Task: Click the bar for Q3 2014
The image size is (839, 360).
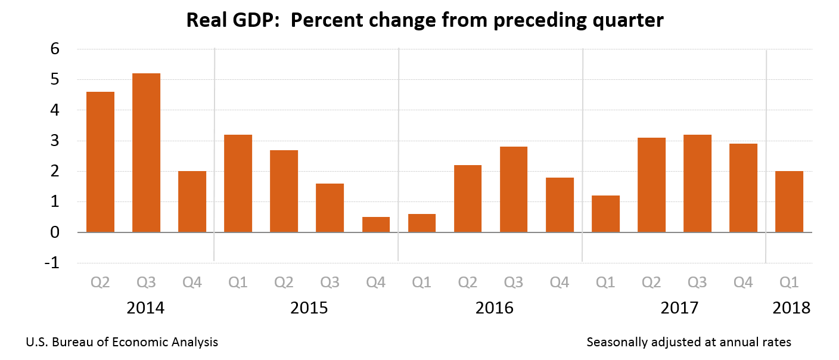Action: [146, 153]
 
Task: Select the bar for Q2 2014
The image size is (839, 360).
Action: [100, 162]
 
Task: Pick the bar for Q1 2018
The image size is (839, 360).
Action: [789, 201]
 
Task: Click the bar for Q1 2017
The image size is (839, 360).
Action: [605, 214]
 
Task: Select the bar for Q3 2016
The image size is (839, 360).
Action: [514, 190]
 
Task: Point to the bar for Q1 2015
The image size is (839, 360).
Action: [238, 184]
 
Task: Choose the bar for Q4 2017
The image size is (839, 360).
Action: [743, 188]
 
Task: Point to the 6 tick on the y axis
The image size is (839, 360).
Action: [55, 49]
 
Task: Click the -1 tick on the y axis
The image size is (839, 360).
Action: [52, 263]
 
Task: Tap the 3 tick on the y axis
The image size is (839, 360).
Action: [55, 141]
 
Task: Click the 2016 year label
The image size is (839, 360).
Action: [494, 308]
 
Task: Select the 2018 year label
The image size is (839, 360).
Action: [791, 308]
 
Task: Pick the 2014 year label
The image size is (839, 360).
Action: [145, 308]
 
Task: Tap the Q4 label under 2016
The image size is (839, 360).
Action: [559, 281]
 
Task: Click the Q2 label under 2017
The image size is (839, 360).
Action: [651, 281]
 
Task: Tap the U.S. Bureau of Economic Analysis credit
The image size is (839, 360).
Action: [122, 342]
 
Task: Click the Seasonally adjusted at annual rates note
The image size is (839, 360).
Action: [689, 342]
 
